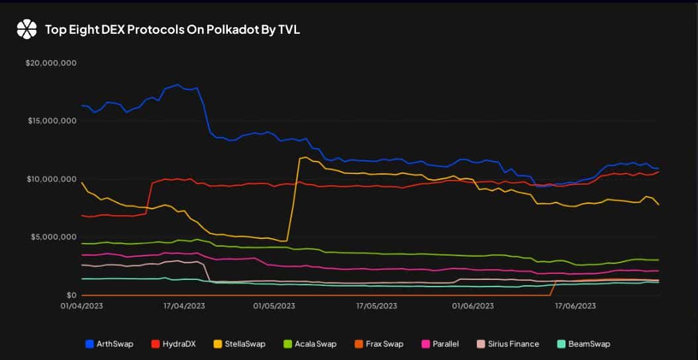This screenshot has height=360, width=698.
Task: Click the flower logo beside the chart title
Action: (26, 29)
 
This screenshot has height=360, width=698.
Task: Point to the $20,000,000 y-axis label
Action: (52, 63)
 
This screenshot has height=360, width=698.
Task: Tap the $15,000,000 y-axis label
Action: (52, 121)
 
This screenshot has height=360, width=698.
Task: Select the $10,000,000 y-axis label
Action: (52, 179)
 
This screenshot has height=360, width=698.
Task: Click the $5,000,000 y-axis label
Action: (54, 237)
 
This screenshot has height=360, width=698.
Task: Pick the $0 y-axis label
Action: (72, 295)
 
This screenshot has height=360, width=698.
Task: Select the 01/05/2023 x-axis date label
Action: (274, 306)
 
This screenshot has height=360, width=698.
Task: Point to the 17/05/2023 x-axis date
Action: (377, 306)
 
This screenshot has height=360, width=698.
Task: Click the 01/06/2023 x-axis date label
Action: (473, 306)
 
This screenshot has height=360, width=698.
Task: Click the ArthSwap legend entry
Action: (109, 344)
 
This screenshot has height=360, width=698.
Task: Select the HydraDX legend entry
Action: (174, 344)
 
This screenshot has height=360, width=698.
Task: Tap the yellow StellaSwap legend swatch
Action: (218, 344)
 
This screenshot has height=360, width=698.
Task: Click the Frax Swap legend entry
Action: (379, 344)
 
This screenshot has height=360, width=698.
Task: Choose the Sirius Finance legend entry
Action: (508, 344)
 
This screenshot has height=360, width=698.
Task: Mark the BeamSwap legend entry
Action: (583, 344)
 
